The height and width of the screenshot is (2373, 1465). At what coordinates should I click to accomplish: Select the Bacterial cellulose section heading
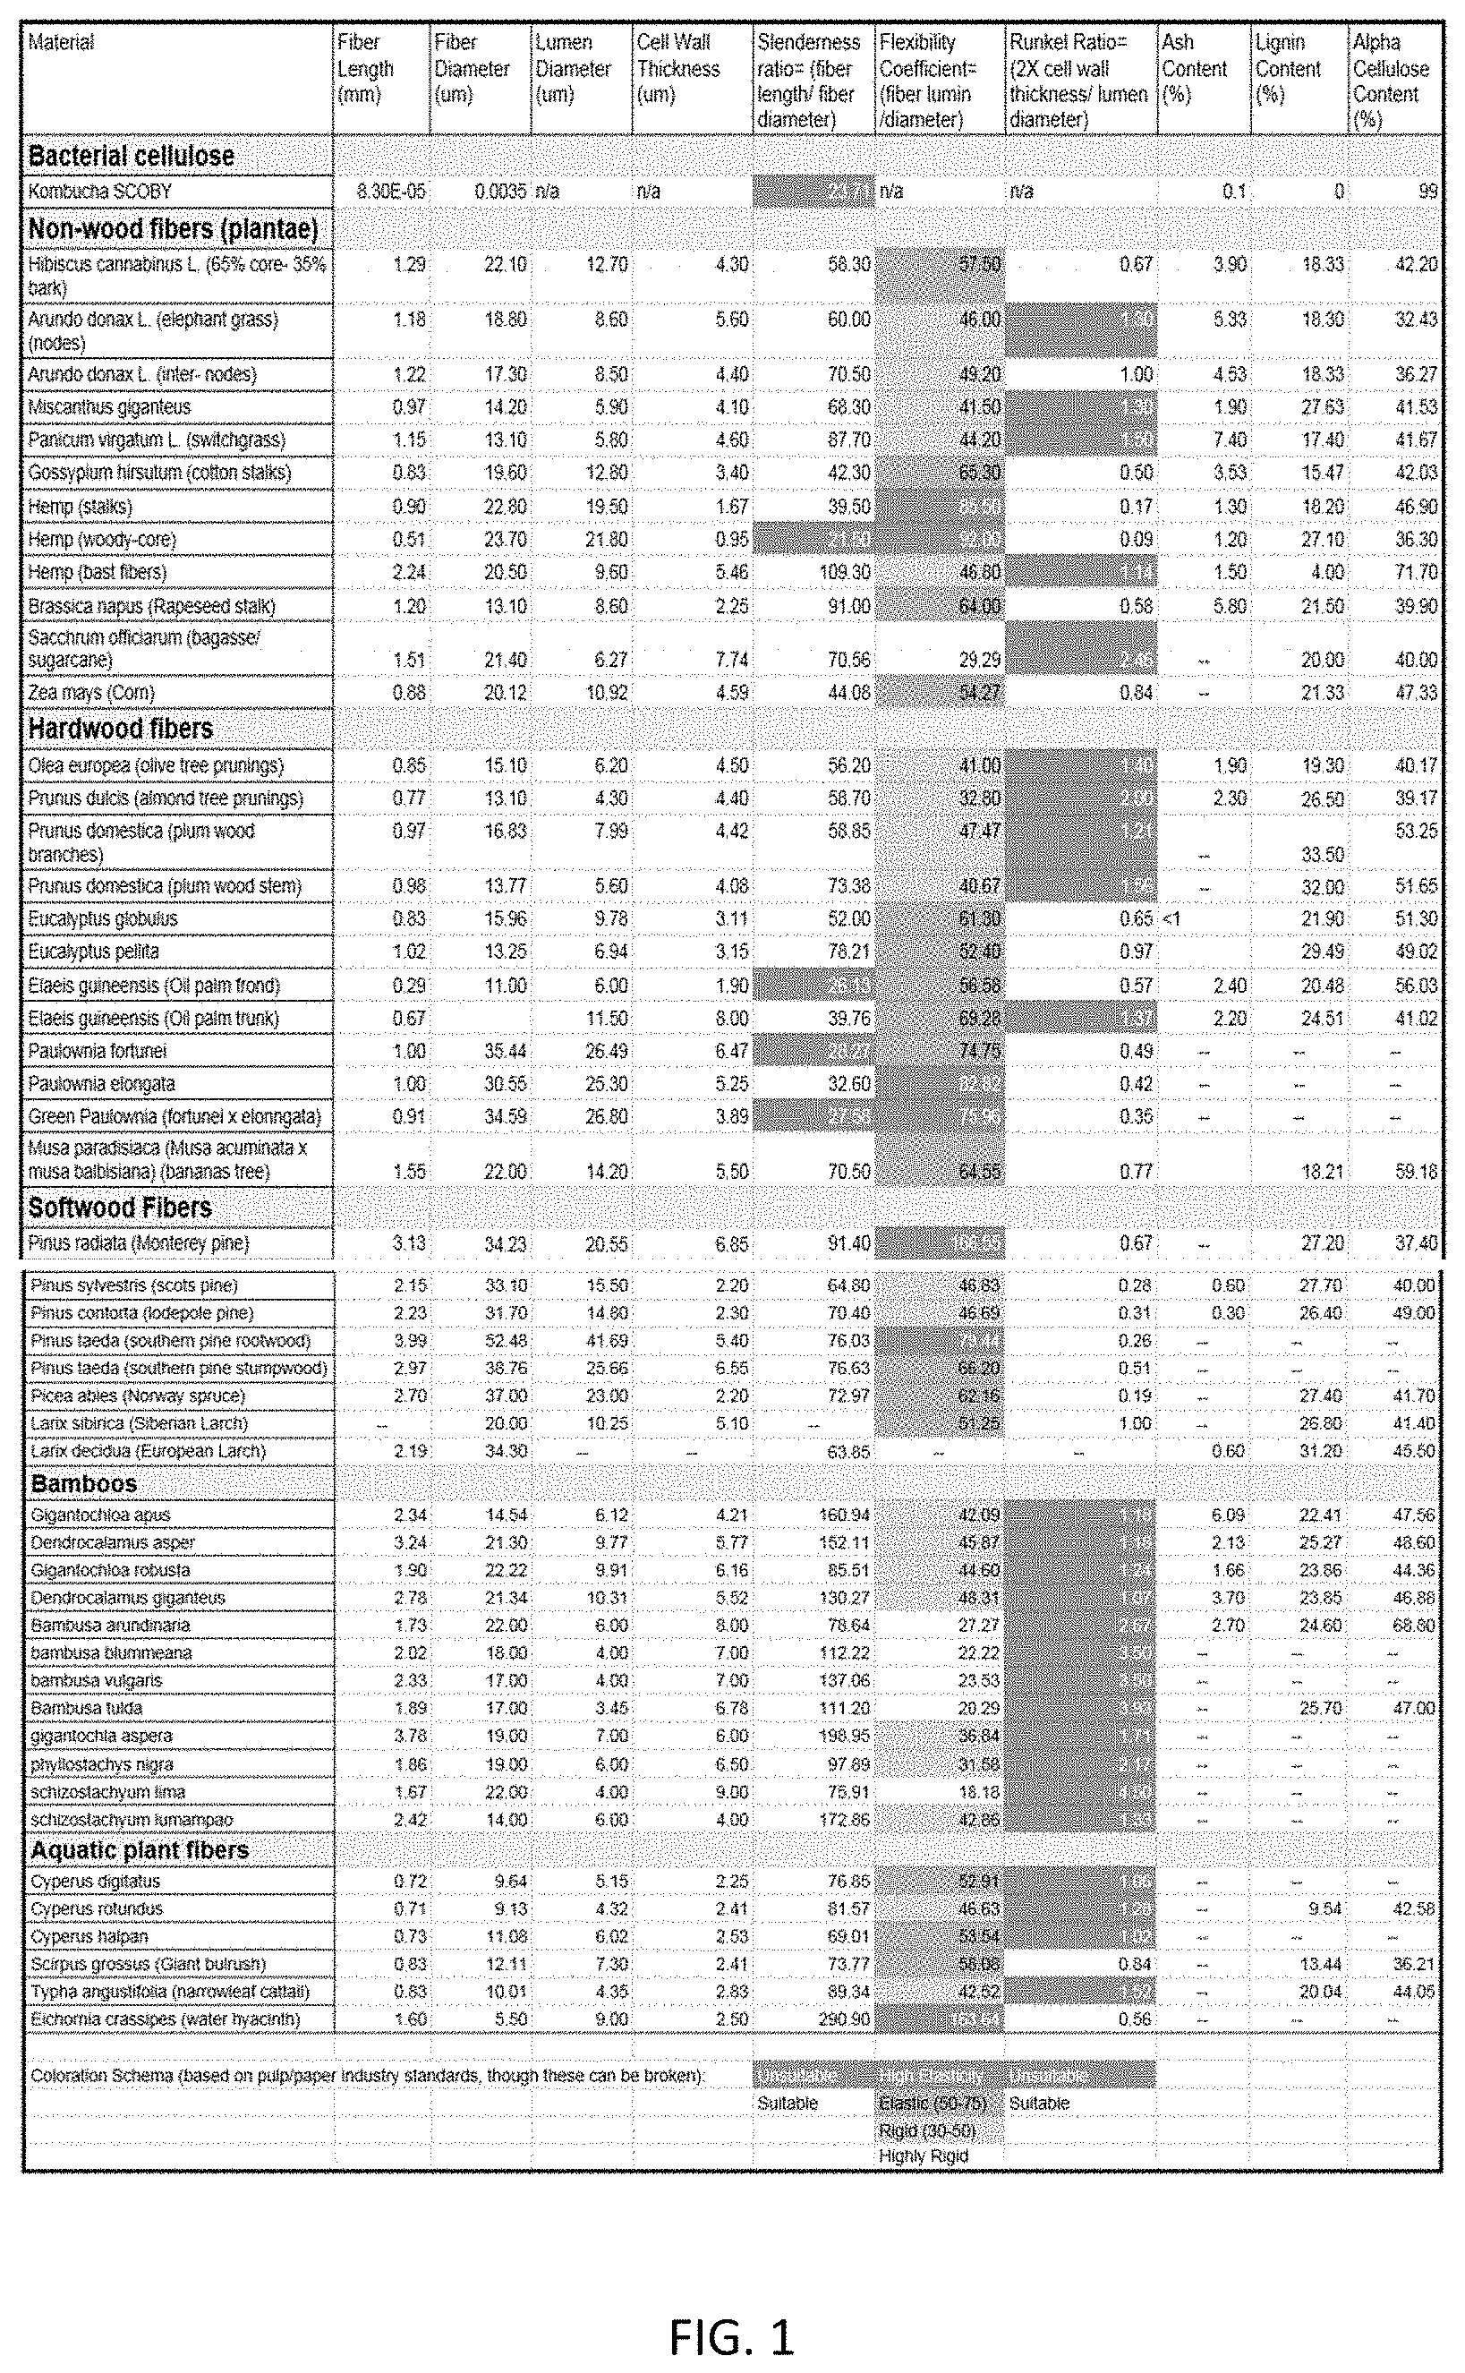pyautogui.click(x=131, y=156)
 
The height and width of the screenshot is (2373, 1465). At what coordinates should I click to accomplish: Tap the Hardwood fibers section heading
pyautogui.click(x=120, y=729)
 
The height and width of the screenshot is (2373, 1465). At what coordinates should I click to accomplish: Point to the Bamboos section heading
pyautogui.click(x=83, y=1483)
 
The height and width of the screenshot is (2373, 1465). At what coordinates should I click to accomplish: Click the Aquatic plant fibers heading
pyautogui.click(x=140, y=1849)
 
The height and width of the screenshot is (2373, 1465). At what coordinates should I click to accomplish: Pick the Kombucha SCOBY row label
pyautogui.click(x=100, y=191)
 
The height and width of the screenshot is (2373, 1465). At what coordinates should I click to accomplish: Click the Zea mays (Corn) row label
pyautogui.click(x=91, y=692)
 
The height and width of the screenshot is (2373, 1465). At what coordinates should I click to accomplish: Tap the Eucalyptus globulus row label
pyautogui.click(x=103, y=918)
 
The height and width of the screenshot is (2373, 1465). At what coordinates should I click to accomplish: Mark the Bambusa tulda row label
pyautogui.click(x=86, y=1707)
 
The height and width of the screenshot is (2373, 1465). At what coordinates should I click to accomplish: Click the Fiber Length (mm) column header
pyautogui.click(x=365, y=69)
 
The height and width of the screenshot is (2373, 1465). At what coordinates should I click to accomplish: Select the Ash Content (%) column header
pyautogui.click(x=1194, y=69)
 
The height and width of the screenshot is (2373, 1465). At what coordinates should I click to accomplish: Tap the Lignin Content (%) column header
pyautogui.click(x=1288, y=69)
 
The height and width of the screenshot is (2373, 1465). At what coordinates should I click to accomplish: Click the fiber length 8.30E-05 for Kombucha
pyautogui.click(x=390, y=191)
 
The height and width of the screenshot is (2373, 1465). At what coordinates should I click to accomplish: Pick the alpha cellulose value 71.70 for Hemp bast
pyautogui.click(x=1416, y=572)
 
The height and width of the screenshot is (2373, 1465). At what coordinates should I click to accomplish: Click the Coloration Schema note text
pyautogui.click(x=367, y=2075)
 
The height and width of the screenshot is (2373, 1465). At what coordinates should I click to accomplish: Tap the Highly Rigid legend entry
pyautogui.click(x=924, y=2155)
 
